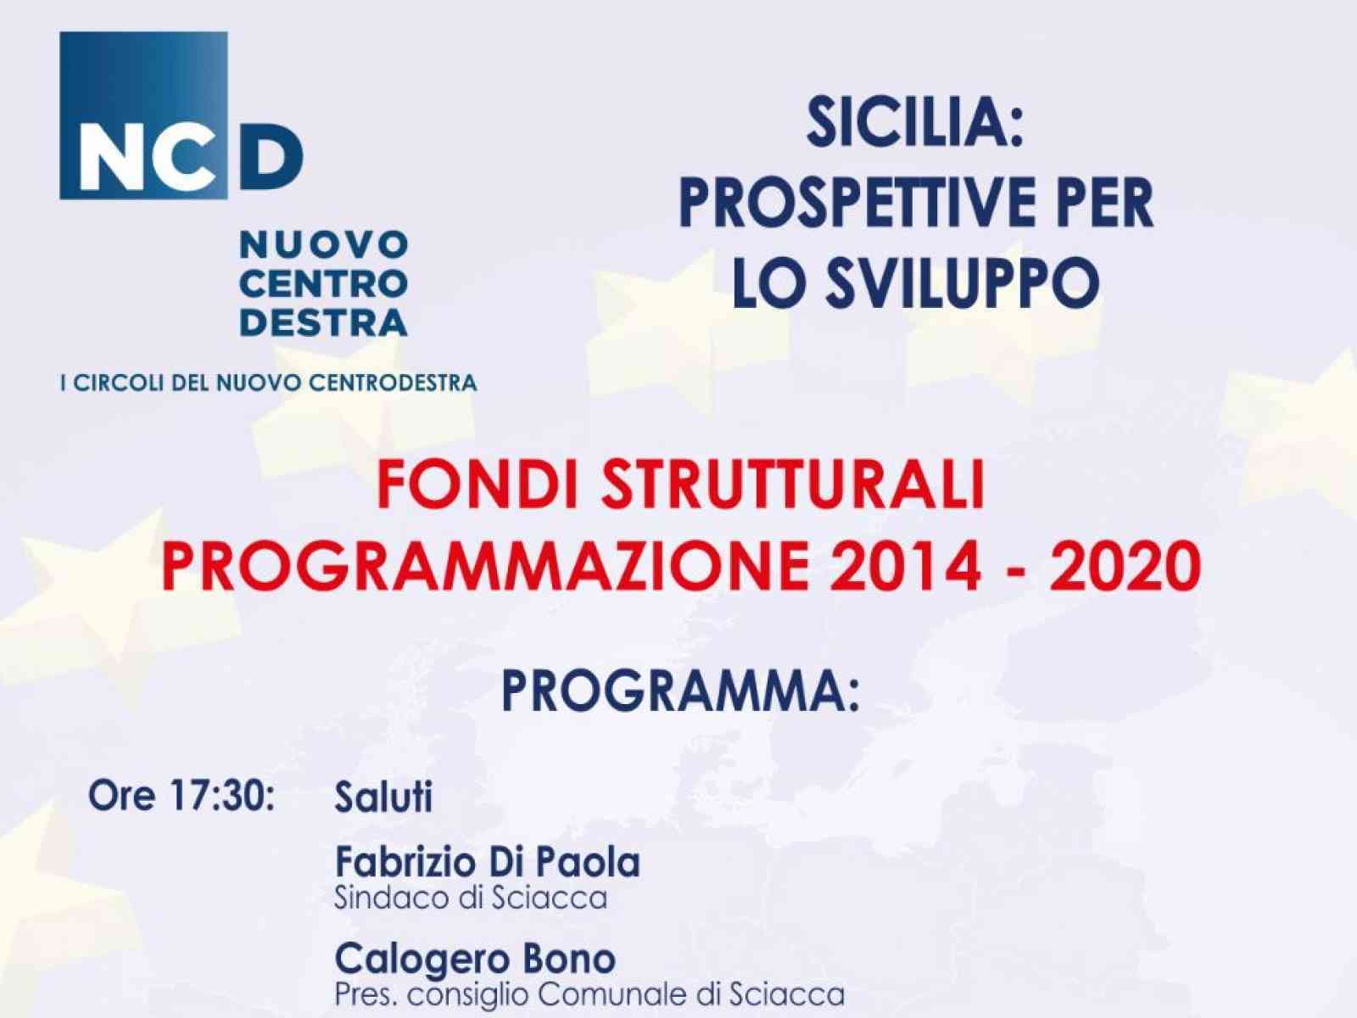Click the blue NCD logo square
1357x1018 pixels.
pos(142,115)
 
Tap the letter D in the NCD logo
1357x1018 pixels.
pos(271,161)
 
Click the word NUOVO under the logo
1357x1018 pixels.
pos(323,244)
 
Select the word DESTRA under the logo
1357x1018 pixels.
pos(323,322)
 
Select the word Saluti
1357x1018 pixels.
pos(383,797)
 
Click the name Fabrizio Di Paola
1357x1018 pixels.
pos(488,863)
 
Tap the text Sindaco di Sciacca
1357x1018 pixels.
pos(472,898)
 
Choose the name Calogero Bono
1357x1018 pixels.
pos(475,959)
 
